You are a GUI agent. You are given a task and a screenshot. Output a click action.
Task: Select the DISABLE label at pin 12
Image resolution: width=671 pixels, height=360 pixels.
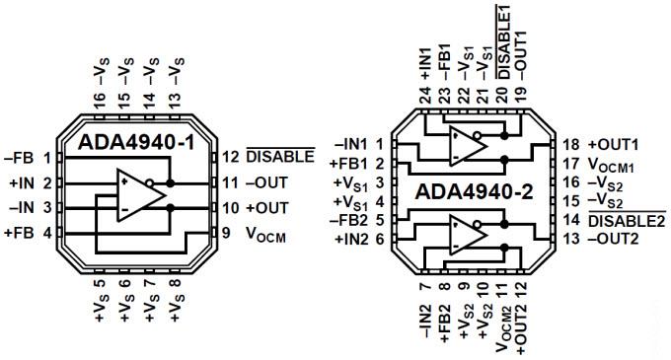(x=280, y=157)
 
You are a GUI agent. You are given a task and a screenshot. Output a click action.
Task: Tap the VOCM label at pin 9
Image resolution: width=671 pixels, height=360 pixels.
(x=268, y=234)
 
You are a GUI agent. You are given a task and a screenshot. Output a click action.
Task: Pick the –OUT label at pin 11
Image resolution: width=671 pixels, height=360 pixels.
(x=266, y=182)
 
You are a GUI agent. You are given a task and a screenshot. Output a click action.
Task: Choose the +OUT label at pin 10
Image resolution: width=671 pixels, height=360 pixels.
(x=266, y=207)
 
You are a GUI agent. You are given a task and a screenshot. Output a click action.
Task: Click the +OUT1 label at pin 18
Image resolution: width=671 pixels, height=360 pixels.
(x=614, y=143)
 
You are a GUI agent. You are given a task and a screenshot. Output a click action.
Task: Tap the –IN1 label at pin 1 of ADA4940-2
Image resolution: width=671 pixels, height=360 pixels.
(x=352, y=143)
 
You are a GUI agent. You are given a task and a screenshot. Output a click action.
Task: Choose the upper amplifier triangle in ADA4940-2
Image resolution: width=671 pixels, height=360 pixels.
(x=465, y=145)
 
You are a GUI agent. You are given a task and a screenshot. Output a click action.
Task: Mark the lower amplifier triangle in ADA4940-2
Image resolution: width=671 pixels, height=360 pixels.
(x=465, y=235)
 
